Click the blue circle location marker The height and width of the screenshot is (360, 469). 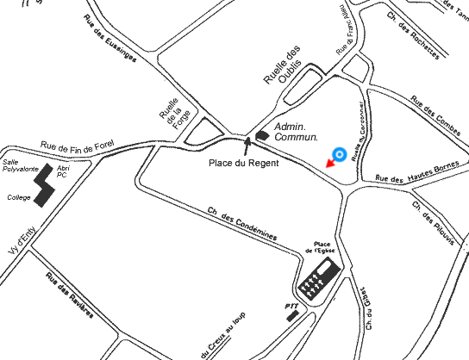coord(340,155)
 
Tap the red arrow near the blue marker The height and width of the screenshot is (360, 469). coord(328,163)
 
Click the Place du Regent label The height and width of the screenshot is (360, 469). coord(245,163)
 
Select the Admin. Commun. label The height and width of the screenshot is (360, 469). coord(296,132)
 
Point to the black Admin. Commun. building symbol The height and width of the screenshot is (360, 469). coord(261,134)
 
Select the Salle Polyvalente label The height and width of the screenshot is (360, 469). coord(19,165)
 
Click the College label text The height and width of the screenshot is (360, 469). coord(18,197)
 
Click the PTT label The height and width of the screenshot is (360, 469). coord(291,305)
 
